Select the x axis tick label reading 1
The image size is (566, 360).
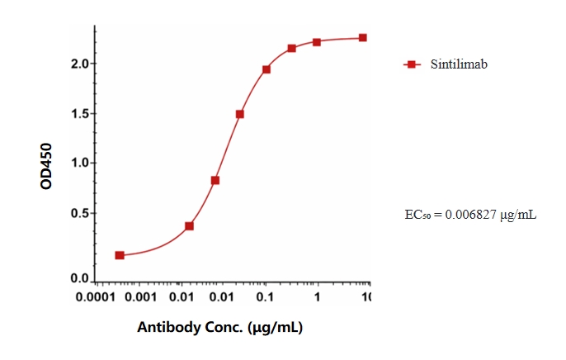click(x=318, y=296)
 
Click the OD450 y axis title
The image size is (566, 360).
click(x=46, y=165)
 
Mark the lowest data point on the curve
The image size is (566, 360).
click(x=120, y=255)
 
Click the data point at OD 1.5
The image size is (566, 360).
click(x=239, y=114)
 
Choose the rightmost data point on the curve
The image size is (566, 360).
click(x=362, y=38)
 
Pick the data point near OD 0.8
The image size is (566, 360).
click(x=215, y=180)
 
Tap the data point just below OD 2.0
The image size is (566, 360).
click(x=266, y=69)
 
